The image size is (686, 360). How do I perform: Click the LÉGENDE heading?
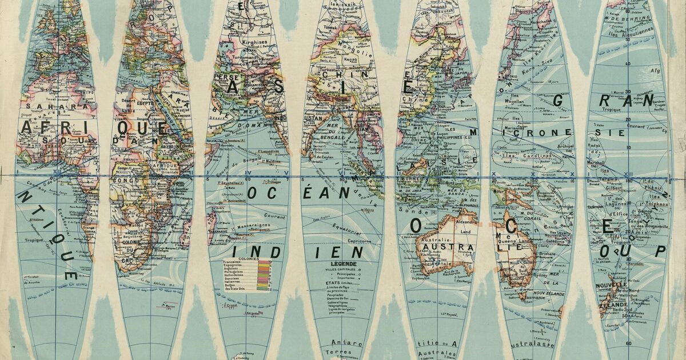coord(347,264)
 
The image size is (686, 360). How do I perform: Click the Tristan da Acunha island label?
coord(39,279)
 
